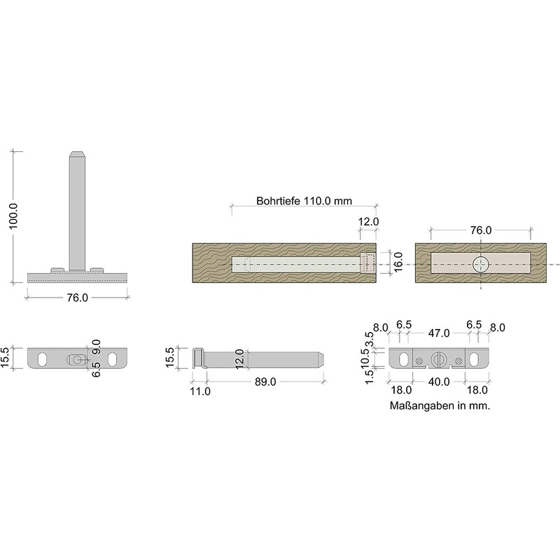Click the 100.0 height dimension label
[13, 216]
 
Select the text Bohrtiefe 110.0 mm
[304, 201]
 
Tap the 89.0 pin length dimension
[265, 381]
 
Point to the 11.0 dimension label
[200, 391]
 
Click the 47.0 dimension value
[439, 333]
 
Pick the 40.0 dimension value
[439, 381]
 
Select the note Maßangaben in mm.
[440, 406]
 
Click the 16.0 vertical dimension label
[398, 262]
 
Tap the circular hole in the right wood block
[480, 265]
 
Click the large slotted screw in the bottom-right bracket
[438, 359]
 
